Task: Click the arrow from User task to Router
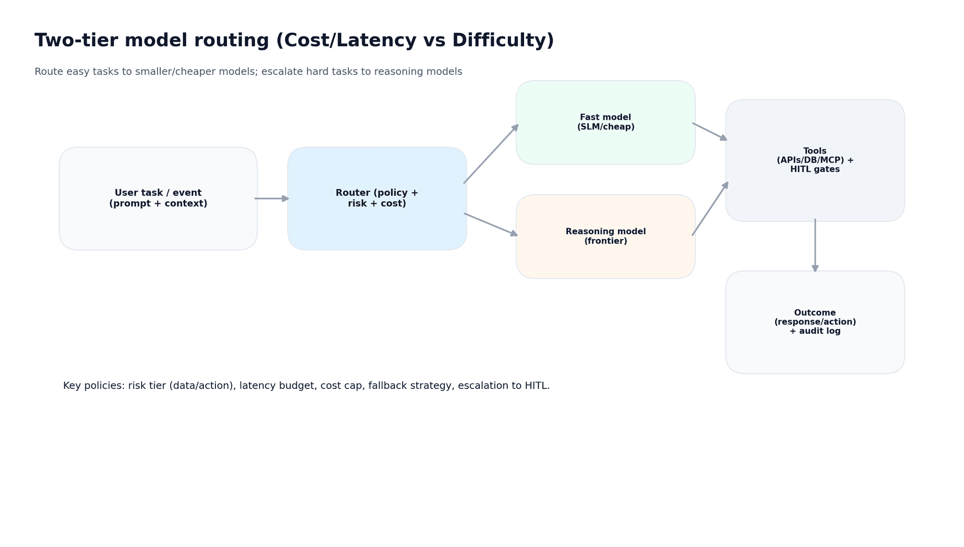pos(272,199)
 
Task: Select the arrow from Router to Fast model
pos(491,154)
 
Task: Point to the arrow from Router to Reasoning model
pos(491,224)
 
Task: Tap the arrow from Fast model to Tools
pos(709,131)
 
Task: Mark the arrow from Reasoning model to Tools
pos(710,209)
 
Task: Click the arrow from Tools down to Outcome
pos(815,245)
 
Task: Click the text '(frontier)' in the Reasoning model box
pos(606,241)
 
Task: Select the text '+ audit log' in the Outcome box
pos(815,331)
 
